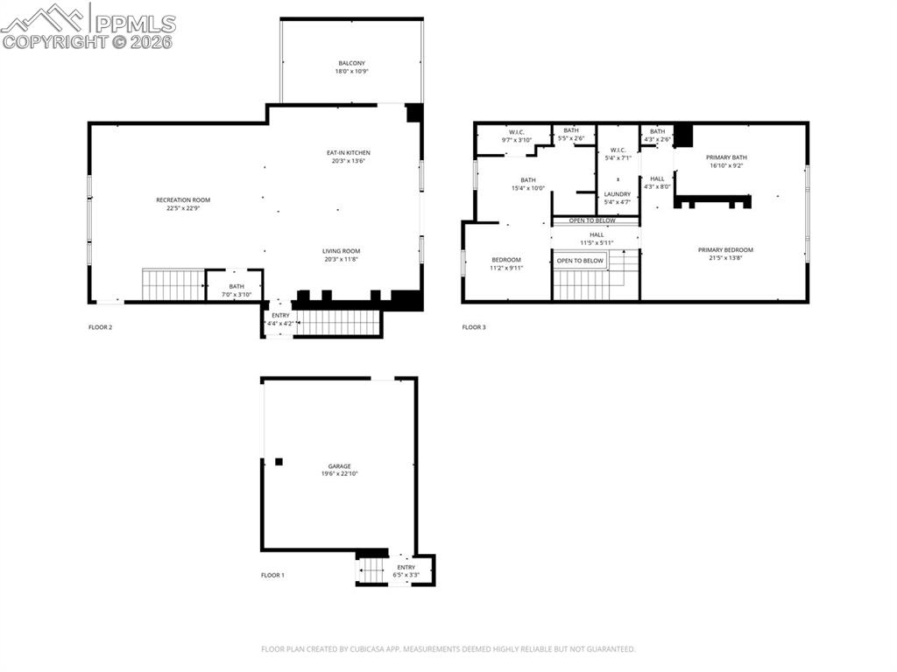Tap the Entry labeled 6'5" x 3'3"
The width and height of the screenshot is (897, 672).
[406, 570]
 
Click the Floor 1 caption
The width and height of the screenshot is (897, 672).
[272, 575]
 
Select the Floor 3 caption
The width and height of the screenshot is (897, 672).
[474, 327]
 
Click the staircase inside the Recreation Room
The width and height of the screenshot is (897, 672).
[173, 285]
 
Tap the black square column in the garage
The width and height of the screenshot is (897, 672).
[279, 461]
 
